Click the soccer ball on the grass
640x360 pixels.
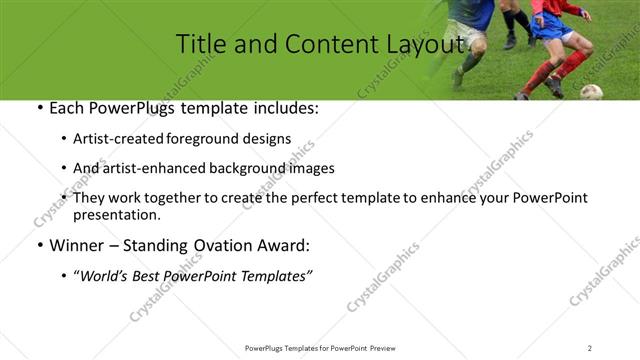pyautogui.click(x=591, y=92)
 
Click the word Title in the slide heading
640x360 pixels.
pyautogui.click(x=200, y=44)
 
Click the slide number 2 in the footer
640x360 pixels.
pyautogui.click(x=590, y=348)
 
